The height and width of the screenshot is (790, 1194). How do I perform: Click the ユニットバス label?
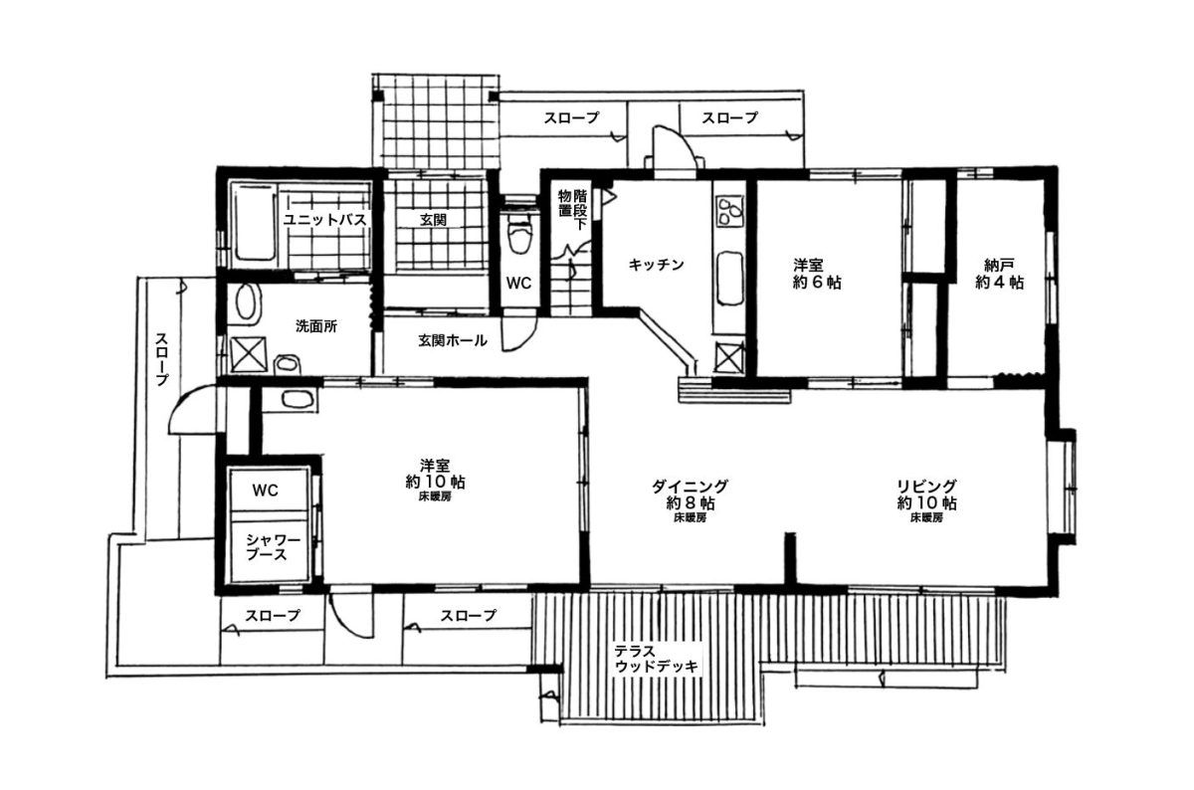coord(324,220)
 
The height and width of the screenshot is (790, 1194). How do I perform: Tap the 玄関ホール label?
coord(453,340)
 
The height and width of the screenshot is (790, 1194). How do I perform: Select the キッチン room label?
coord(656,265)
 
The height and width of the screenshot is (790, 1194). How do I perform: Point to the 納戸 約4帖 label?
coord(999,274)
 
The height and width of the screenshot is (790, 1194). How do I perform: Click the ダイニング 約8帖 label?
coord(691,494)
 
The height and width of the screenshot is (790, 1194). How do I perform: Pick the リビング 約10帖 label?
coord(926,494)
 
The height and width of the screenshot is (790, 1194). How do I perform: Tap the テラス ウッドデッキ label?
coord(656,659)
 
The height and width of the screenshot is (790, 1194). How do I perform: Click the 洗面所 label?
coord(316,326)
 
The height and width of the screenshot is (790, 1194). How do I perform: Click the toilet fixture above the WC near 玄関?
coord(519,236)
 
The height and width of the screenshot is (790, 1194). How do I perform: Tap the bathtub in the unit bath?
coord(254,224)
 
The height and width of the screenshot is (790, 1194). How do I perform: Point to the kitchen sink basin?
coord(730,279)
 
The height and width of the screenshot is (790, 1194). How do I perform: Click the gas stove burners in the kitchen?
coord(728,212)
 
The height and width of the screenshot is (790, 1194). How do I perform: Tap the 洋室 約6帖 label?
coord(817,274)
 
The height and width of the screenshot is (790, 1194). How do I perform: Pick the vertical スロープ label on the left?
coord(162,360)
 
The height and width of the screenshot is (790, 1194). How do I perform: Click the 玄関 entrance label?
coord(434,220)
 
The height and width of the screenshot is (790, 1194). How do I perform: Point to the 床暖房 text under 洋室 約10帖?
coord(436,496)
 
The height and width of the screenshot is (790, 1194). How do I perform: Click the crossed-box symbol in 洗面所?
coord(248,354)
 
